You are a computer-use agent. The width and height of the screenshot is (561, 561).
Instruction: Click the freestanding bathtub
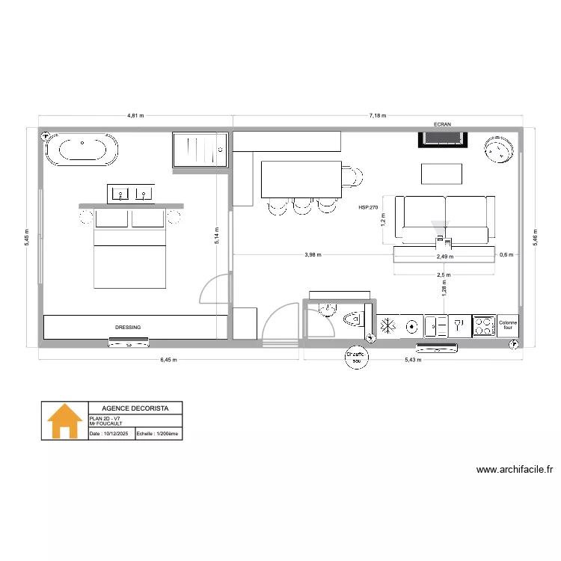point(82,150)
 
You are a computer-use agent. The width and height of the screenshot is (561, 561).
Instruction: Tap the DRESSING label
point(128,328)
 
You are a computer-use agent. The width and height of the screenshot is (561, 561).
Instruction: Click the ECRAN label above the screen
point(444,125)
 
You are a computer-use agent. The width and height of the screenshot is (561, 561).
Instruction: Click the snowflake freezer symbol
point(388,326)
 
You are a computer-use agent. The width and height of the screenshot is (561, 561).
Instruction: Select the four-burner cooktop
point(483,325)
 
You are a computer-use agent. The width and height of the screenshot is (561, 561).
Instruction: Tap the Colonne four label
point(508,325)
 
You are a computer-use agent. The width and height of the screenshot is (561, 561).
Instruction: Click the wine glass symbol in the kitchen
point(459,325)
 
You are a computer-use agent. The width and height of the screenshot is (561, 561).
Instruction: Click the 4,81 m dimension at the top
point(135,117)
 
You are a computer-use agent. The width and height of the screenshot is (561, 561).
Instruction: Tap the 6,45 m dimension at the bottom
point(170,360)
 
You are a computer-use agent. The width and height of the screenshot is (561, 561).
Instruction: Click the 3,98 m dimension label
point(313,255)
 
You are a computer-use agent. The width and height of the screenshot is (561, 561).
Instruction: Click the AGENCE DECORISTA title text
point(135,408)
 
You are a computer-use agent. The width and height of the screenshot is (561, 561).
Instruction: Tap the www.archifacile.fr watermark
point(515,470)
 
